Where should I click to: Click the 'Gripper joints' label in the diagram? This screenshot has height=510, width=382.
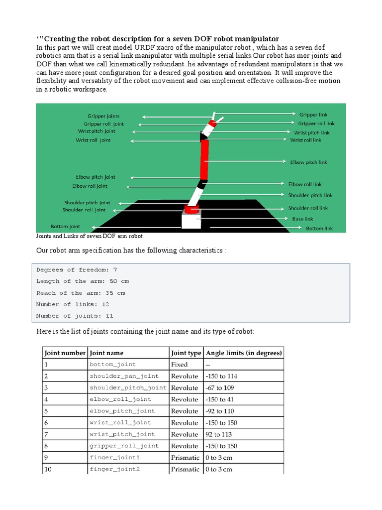point(103,116)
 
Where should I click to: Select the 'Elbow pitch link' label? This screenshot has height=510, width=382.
point(309,162)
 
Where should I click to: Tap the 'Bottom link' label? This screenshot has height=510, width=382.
point(319,229)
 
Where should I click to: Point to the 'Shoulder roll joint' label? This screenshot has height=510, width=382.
point(85,210)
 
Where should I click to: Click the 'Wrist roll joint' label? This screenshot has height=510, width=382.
point(93,140)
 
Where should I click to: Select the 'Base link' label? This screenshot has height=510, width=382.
point(302,219)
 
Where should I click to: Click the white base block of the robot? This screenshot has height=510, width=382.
point(191,220)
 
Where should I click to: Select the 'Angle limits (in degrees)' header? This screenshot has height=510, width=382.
point(244,353)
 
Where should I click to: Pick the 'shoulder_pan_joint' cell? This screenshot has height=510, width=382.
point(124,376)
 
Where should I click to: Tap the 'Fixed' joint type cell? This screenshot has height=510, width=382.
point(180,365)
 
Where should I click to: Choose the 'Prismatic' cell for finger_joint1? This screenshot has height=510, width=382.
point(185,458)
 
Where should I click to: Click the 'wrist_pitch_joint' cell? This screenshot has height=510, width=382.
point(122,434)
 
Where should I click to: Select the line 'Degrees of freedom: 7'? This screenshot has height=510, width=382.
point(77,270)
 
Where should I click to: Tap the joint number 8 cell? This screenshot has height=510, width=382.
point(47,446)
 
